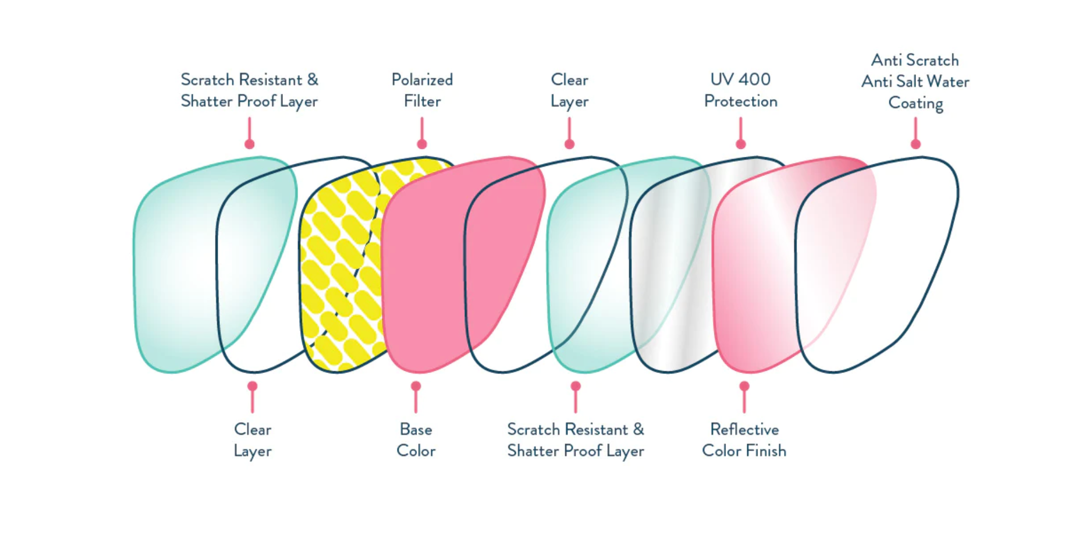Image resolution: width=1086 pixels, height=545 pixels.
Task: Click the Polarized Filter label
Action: click(422, 90)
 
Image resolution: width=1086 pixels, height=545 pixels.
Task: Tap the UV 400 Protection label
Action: click(741, 90)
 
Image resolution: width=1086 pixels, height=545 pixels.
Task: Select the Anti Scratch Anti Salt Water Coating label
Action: click(915, 81)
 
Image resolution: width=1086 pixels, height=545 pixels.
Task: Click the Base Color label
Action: click(416, 440)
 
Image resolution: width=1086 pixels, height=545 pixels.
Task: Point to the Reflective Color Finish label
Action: click(744, 440)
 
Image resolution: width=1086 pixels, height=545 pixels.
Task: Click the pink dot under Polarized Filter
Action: click(422, 144)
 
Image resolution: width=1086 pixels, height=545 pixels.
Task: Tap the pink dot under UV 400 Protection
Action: click(741, 144)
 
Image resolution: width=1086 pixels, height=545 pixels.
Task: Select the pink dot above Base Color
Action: click(416, 386)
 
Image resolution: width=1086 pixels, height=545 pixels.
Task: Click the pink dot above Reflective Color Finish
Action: click(744, 386)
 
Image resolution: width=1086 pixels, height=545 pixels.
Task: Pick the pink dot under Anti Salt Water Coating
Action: click(915, 144)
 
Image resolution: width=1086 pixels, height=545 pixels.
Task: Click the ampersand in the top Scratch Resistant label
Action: click(312, 80)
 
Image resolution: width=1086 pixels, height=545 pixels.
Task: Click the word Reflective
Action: click(744, 429)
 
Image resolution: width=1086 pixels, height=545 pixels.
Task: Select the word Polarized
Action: click(422, 80)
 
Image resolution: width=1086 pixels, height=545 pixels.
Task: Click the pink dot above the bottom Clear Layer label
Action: click(252, 386)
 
